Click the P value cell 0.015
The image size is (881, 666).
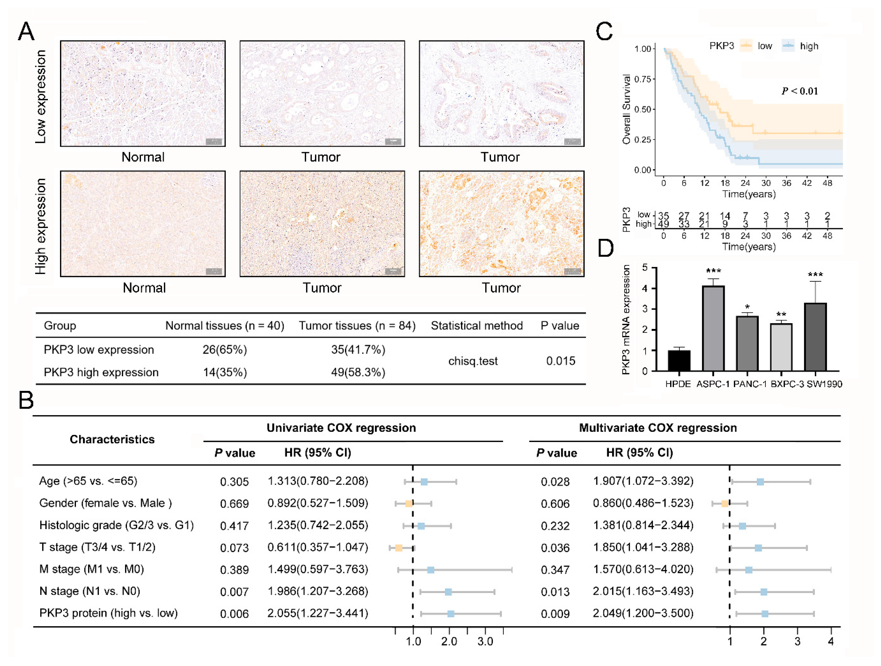coord(560,361)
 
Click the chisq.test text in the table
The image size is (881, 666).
coord(473,361)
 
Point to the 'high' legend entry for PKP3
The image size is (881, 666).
coord(809,46)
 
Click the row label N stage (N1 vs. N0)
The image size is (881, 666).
coord(90,591)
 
